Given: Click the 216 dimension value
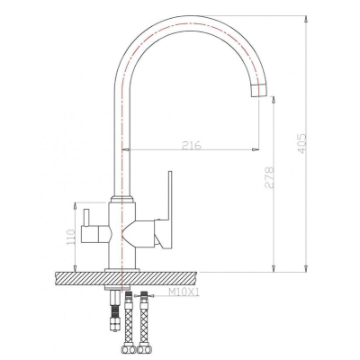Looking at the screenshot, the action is [x=192, y=145].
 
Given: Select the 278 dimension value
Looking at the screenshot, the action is [x=269, y=177].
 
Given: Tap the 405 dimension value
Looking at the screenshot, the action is [x=301, y=144].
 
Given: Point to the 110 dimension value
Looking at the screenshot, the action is [x=71, y=237].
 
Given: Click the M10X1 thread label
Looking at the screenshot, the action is [x=184, y=292].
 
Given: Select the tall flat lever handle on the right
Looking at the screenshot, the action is [x=166, y=210].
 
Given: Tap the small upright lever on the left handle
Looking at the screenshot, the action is [x=86, y=218].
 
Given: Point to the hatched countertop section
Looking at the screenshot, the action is [x=126, y=278].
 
